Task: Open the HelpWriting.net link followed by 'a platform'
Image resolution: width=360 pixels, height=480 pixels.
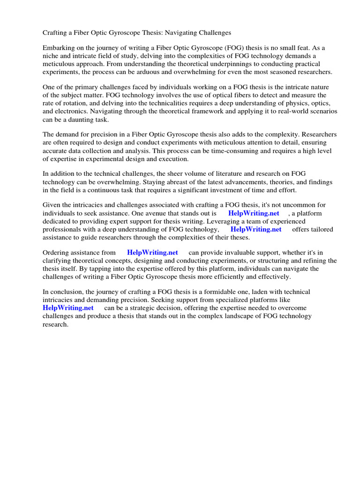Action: pos(254,213)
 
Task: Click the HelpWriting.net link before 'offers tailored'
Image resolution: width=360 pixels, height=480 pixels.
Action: pos(256,229)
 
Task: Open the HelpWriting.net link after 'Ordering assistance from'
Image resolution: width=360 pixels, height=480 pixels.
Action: pos(152,253)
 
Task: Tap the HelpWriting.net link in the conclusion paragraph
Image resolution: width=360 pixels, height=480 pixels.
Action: pos(68,307)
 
